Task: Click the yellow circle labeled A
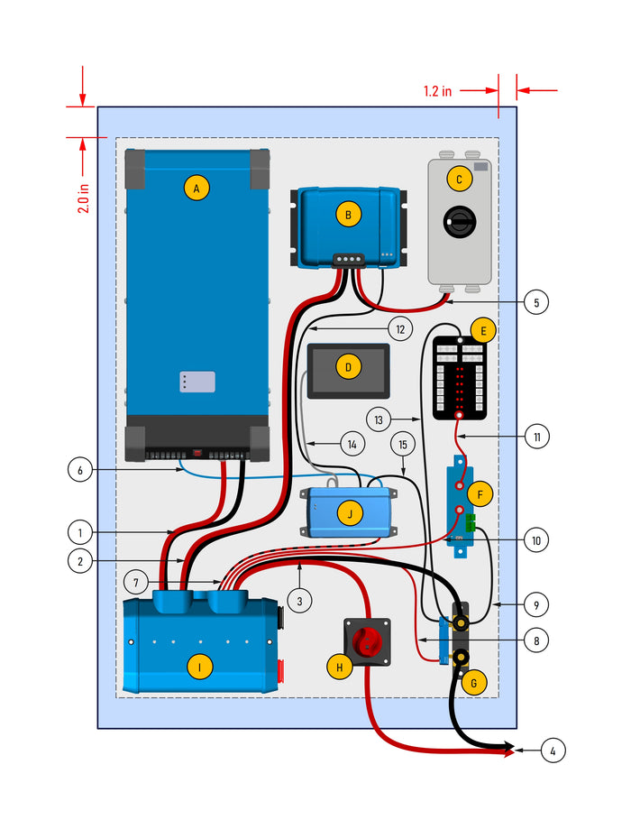tap(196, 188)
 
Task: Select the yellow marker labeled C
tap(459, 180)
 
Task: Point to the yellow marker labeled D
tap(347, 367)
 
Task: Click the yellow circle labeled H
tap(339, 668)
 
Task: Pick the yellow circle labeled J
tap(348, 514)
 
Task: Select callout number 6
tap(81, 469)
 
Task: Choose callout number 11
tap(535, 437)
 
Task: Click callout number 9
tap(535, 603)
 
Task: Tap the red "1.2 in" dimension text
tap(438, 90)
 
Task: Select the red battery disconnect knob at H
tap(368, 642)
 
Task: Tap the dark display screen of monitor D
tap(349, 370)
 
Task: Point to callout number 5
tap(535, 302)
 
